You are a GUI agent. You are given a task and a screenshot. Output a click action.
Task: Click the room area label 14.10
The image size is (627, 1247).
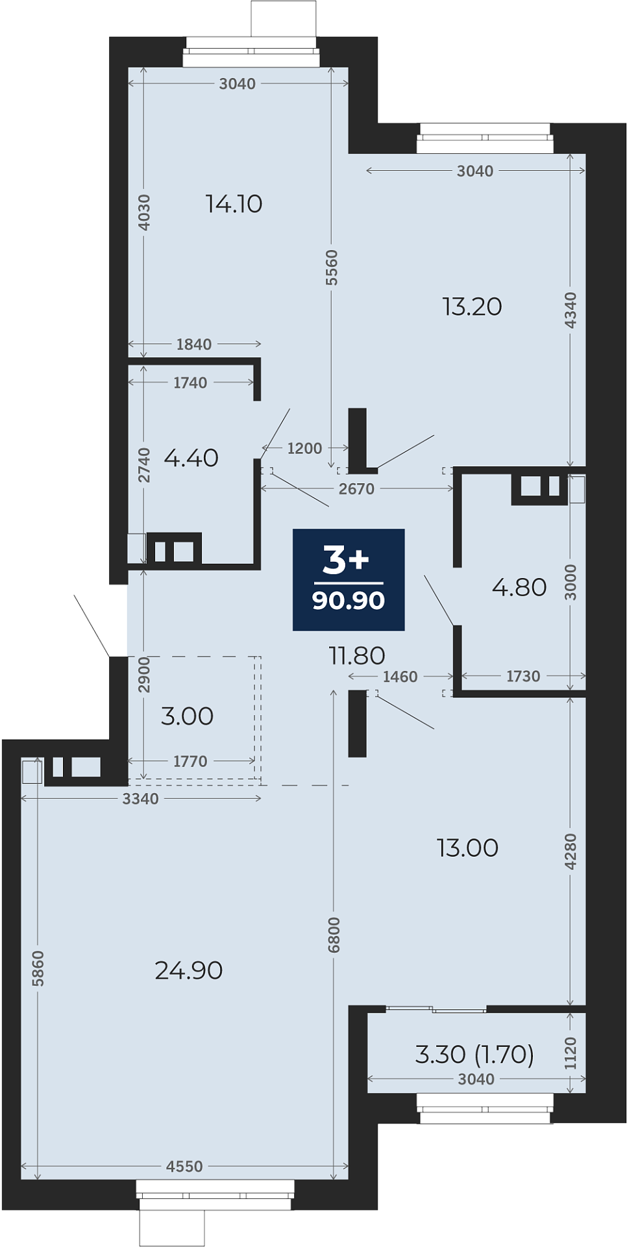tap(234, 204)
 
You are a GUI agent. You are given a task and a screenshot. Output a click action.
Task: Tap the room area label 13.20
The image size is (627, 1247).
tap(472, 307)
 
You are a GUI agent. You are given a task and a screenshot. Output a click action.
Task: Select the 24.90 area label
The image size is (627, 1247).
tap(189, 970)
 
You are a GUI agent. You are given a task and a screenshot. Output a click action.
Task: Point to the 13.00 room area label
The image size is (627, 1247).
tap(467, 848)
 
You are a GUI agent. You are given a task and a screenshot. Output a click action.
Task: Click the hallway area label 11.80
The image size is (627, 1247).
tap(357, 655)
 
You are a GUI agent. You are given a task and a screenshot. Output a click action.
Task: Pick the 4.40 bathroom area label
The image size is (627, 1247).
tap(191, 458)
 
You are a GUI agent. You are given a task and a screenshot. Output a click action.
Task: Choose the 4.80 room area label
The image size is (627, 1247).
tap(519, 587)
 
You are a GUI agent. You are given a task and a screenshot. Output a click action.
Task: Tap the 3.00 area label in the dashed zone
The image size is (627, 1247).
tap(187, 716)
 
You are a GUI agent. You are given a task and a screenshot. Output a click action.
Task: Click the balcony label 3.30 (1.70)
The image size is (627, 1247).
tap(474, 1054)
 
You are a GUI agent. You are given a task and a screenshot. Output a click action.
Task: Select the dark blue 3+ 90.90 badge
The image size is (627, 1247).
tap(349, 579)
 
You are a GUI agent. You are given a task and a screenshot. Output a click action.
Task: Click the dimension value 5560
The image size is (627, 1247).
tap(332, 268)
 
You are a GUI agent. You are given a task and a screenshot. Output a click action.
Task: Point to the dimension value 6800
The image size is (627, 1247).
tap(334, 935)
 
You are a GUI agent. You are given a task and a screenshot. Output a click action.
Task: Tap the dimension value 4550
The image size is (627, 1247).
tap(184, 1166)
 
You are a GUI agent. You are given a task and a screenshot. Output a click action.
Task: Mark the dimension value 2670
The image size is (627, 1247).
tap(356, 488)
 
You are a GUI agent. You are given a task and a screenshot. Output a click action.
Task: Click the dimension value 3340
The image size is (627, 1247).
tap(140, 799)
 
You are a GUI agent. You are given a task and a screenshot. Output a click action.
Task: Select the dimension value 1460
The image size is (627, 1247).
tap(400, 677)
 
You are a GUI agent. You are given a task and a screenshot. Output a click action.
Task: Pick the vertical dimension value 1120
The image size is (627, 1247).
tap(570, 1053)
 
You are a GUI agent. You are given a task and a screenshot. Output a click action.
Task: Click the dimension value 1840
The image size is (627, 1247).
tap(193, 344)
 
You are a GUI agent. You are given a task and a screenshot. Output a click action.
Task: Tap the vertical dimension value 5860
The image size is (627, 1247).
tap(38, 968)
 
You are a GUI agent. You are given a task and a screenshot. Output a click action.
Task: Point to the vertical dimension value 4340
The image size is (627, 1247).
tap(570, 310)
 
